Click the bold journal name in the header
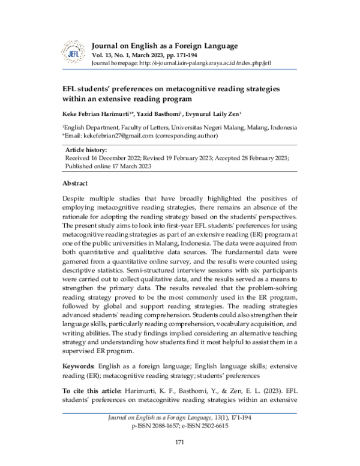[164, 46]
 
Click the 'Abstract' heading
[75, 183]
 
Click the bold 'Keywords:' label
[79, 365]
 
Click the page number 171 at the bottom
[179, 443]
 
